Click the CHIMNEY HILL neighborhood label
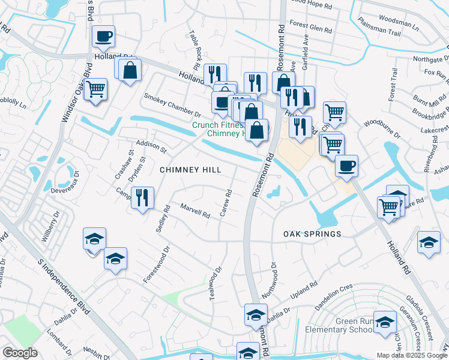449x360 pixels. (x=190, y=170)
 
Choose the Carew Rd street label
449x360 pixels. (x=226, y=204)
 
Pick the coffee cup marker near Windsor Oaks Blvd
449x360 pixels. (x=103, y=37)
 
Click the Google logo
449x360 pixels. (x=20, y=353)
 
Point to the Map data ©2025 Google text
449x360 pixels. (x=411, y=355)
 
